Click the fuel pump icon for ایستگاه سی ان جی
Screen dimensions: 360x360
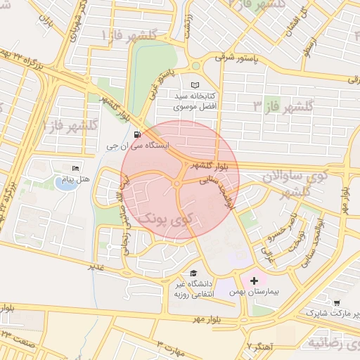click(136, 134)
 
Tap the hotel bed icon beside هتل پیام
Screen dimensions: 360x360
click(76, 169)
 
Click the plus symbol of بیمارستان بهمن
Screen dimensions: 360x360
click(254, 281)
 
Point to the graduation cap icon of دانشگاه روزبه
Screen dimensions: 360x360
click(193, 274)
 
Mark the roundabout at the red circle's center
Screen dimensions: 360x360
click(179, 184)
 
